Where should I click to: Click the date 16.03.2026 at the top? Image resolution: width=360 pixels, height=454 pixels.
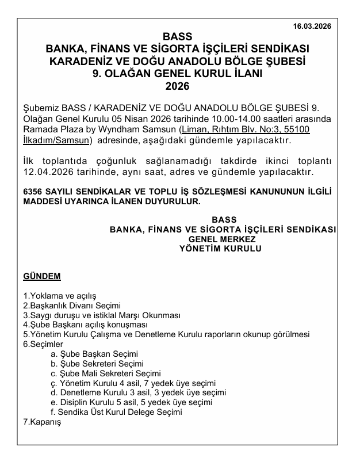pos(312,26)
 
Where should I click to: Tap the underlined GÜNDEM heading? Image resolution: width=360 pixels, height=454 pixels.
pos(41,276)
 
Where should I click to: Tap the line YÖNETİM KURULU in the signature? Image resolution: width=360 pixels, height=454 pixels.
pos(222,249)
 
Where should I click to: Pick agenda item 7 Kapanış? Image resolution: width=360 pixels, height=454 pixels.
pos(41,422)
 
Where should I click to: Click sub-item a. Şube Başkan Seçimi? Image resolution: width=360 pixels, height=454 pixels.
pos(94,354)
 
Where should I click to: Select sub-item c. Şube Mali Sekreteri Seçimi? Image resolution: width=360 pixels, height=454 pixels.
pos(105,373)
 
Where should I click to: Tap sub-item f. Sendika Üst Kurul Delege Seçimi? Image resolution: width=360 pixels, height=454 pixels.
pos(116,412)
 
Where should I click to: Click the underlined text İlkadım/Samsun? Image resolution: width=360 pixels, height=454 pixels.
pos(56,140)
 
